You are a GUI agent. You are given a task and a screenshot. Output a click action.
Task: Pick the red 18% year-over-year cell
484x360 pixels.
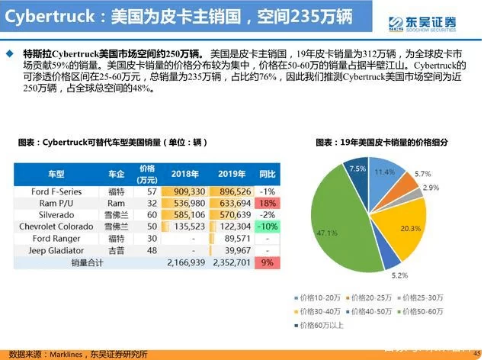pyautogui.click(x=267, y=204)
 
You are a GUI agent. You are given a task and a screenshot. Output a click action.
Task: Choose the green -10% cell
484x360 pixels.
pyautogui.click(x=267, y=227)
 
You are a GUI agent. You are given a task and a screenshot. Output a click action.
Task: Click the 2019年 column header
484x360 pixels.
pyautogui.click(x=230, y=173)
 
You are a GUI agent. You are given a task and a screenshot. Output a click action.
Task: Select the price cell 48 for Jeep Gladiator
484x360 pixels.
pyautogui.click(x=152, y=250)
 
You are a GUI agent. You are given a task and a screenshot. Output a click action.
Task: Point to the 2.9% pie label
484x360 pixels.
pyautogui.click(x=430, y=188)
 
